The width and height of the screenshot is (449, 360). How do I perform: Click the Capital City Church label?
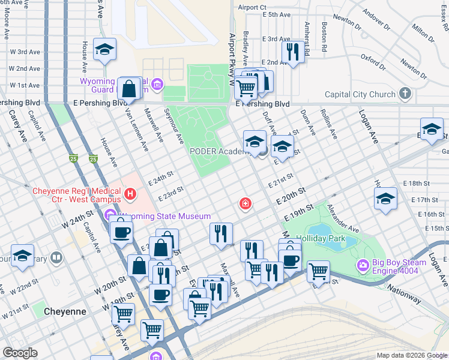click(x=360, y=94)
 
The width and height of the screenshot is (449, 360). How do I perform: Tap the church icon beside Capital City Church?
click(x=406, y=94)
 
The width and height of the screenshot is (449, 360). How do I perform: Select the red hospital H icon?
click(x=130, y=194)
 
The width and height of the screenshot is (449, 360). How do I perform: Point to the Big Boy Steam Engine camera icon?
click(x=363, y=265)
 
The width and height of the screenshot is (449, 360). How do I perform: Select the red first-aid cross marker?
click(x=245, y=205)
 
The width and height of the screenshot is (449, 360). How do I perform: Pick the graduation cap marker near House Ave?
click(x=105, y=50)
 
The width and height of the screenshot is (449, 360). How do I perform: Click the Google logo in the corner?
click(x=20, y=353)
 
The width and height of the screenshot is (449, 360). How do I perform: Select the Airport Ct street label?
click(x=252, y=7)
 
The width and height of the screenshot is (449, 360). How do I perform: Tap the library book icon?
click(x=56, y=258)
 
